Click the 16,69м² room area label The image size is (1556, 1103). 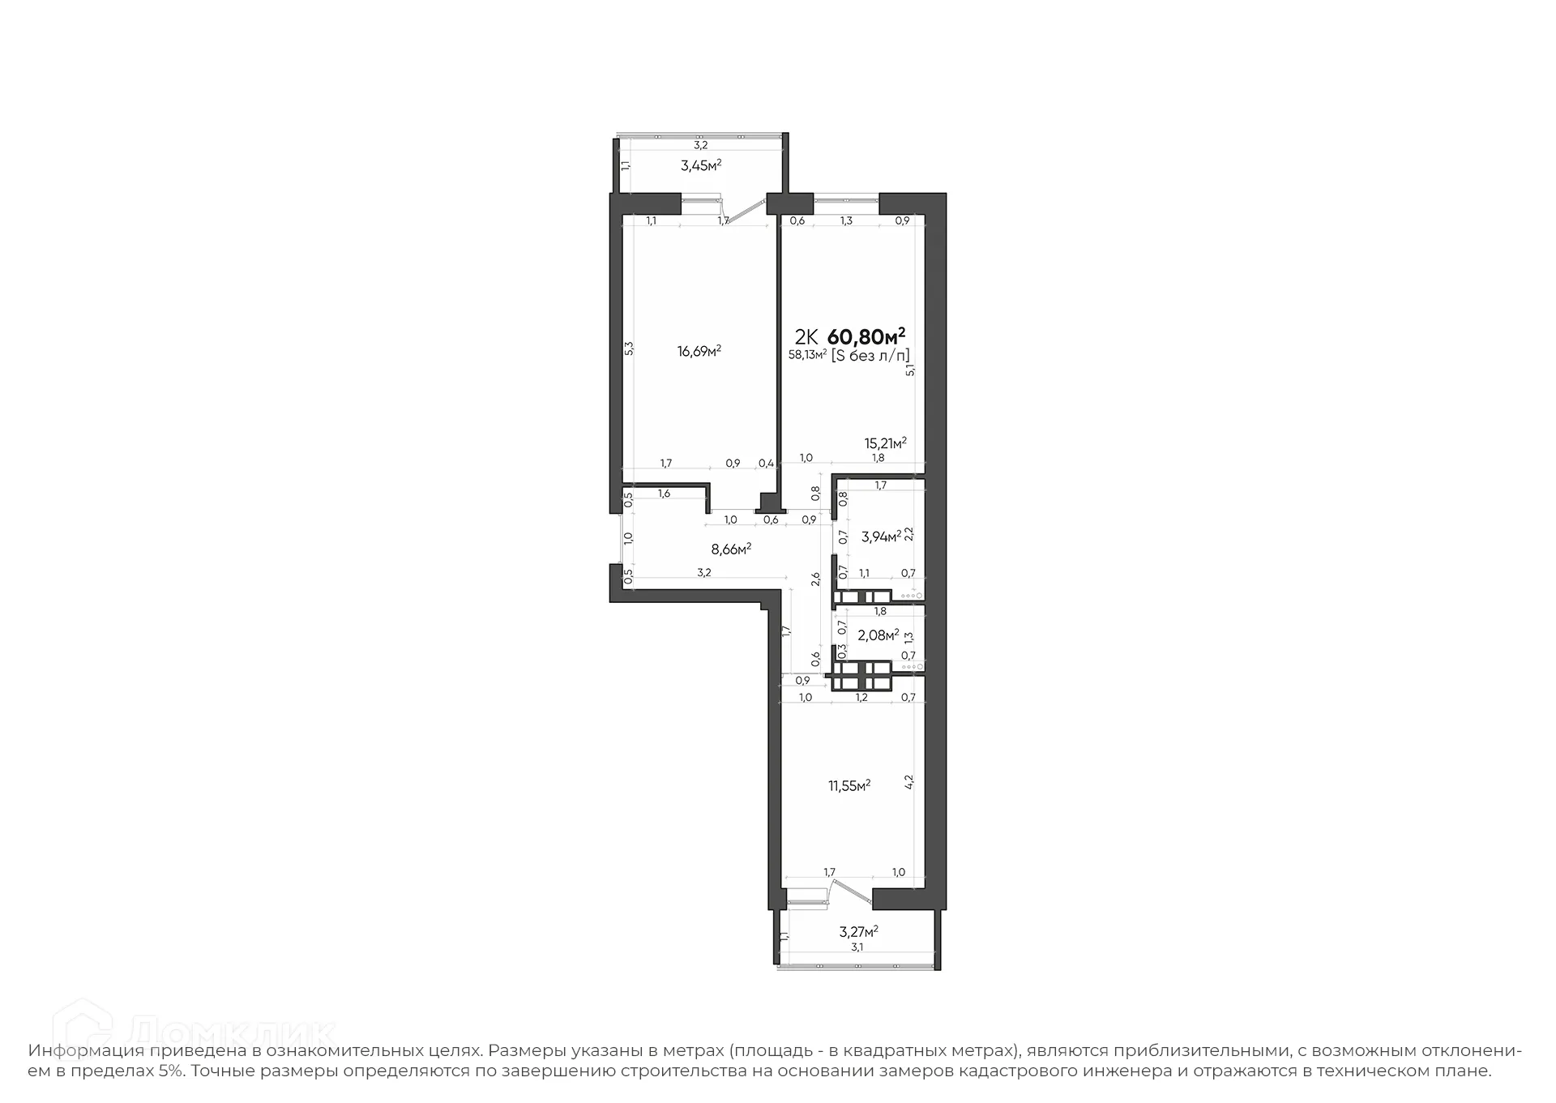tap(699, 351)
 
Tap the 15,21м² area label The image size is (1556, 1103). tap(885, 442)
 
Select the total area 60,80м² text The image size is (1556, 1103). tap(866, 336)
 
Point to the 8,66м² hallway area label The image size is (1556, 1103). tap(731, 549)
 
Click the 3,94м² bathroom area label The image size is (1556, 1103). tap(881, 536)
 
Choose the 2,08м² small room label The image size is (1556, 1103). tap(878, 635)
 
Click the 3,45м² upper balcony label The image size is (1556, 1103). tap(701, 166)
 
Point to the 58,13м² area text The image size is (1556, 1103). tap(807, 355)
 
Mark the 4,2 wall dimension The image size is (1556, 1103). tap(908, 782)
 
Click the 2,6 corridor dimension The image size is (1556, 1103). tap(816, 579)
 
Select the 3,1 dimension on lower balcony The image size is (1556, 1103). tap(857, 947)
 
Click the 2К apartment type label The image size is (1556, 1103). tap(806, 336)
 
